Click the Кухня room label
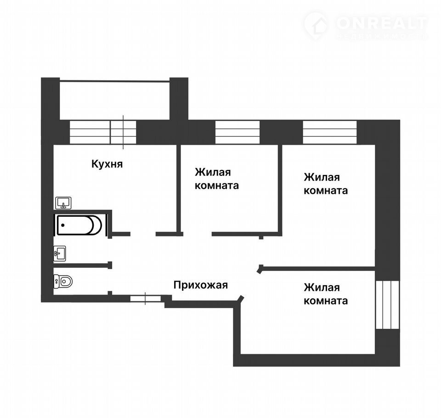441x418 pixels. [107, 164]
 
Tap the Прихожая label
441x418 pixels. [201, 285]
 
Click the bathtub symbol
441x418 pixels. [79, 225]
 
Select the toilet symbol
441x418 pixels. [63, 281]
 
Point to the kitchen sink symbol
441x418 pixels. [63, 203]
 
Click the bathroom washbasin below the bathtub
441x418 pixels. [60, 254]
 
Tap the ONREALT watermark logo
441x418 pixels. [366, 26]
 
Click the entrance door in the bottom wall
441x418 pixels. [146, 298]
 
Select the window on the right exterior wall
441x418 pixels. [388, 305]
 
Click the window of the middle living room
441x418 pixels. [237, 132]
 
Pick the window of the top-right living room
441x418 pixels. [330, 132]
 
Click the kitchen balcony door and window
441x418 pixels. [103, 132]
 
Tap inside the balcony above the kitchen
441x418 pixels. [114, 101]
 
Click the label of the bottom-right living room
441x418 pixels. [326, 294]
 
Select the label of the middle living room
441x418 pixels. [216, 179]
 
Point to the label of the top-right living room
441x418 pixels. [326, 184]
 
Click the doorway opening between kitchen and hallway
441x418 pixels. [143, 234]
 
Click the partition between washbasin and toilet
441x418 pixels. [82, 265]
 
